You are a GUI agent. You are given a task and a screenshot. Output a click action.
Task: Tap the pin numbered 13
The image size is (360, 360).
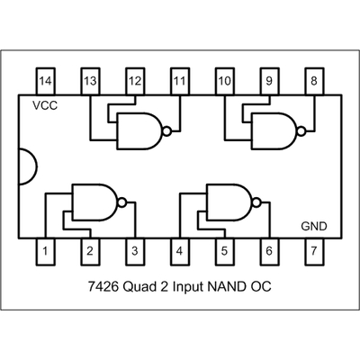tap(90, 80)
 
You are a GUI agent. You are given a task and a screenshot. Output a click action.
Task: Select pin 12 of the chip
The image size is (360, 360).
tap(134, 80)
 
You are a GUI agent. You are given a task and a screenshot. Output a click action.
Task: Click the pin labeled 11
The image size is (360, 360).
tap(179, 80)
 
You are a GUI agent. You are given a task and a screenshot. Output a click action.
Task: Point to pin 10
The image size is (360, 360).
tap(224, 80)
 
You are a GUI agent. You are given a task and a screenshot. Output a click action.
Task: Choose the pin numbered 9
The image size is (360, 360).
tap(268, 80)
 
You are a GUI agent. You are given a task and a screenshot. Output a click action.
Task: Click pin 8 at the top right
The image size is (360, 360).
tap(313, 80)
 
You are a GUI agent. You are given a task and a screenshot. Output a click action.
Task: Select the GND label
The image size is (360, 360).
tap(313, 226)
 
